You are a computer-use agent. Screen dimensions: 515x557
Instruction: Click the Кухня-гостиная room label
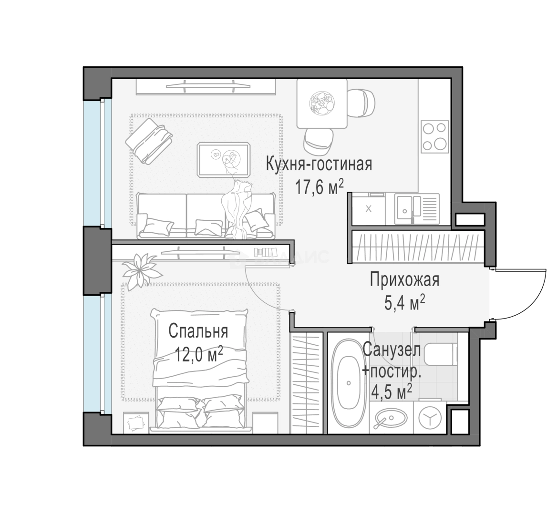coord(319,165)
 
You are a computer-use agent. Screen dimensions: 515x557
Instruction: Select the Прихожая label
coord(404,280)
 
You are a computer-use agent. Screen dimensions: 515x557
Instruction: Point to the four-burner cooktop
coord(434,136)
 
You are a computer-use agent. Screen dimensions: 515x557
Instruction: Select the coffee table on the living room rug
coord(224,159)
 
